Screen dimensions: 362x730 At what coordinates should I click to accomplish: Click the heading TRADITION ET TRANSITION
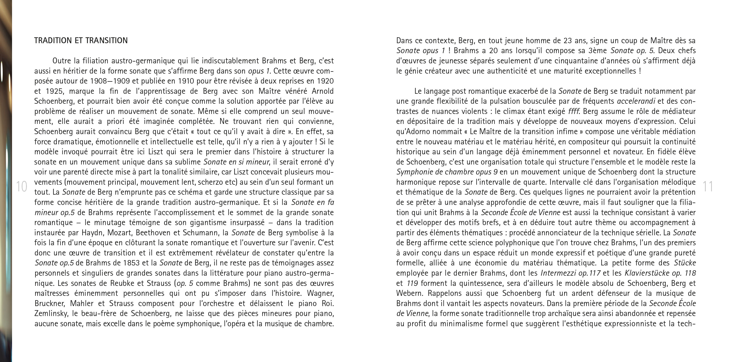tap(81, 41)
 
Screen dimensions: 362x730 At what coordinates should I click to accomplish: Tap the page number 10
tap(21, 186)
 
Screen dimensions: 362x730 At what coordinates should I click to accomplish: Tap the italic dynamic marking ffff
tap(574, 111)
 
